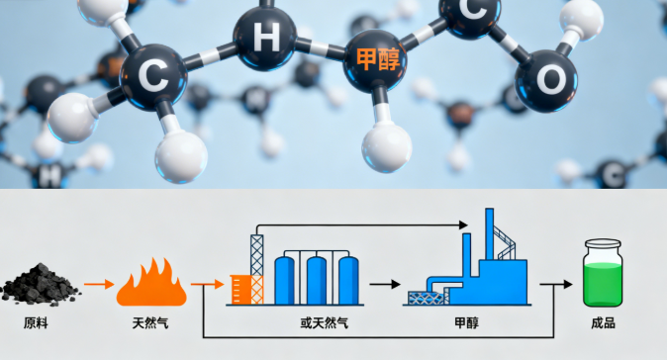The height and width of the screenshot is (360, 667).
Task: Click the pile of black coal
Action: point(40,283)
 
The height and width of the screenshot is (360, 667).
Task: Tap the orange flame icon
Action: point(151,284)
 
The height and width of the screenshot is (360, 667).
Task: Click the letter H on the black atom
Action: point(266,38)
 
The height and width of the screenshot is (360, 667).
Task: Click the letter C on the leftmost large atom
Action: point(153,74)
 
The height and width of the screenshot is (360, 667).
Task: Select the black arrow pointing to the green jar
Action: point(556,285)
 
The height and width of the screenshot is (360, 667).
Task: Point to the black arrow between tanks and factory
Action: point(384,285)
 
